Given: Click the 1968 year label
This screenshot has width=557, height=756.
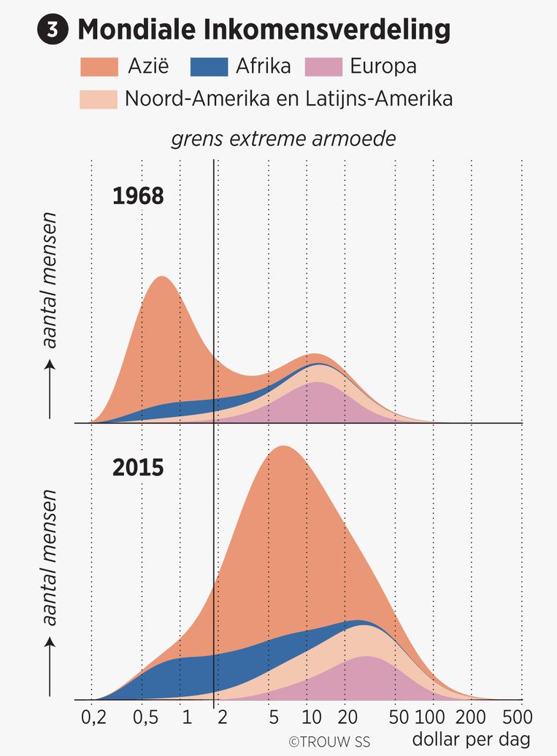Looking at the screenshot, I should [138, 197].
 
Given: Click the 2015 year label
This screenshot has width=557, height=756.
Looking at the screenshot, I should [138, 467].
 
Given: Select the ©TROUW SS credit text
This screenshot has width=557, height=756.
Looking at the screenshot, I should [329, 742].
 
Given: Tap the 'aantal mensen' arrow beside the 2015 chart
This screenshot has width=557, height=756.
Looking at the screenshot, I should [50, 663].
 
